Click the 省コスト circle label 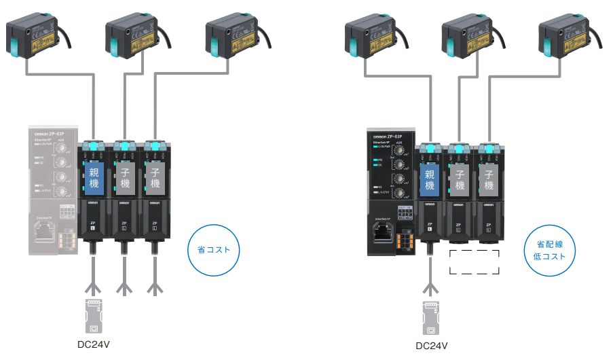click(214, 250)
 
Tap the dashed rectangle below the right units click(474, 262)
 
